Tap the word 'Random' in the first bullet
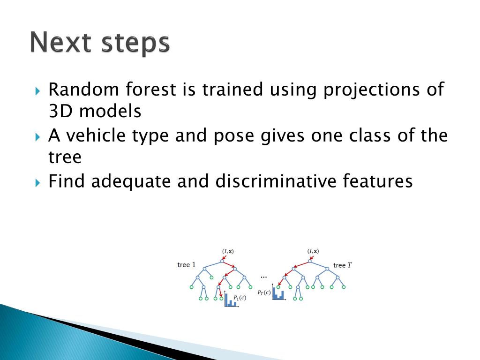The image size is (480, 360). (x=83, y=90)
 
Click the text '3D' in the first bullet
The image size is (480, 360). (x=60, y=111)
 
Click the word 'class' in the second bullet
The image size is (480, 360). (x=370, y=135)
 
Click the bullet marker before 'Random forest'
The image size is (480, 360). (x=37, y=91)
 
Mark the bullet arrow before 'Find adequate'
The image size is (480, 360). (x=37, y=183)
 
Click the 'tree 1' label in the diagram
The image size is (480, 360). (x=186, y=265)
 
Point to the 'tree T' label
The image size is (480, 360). (x=343, y=265)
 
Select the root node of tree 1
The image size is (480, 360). (x=222, y=261)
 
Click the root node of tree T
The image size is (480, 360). (x=310, y=261)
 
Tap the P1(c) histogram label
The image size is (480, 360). (x=240, y=298)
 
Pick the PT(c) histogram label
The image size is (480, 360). (x=264, y=292)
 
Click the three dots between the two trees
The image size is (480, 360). (x=263, y=277)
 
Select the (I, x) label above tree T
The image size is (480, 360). (x=313, y=251)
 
